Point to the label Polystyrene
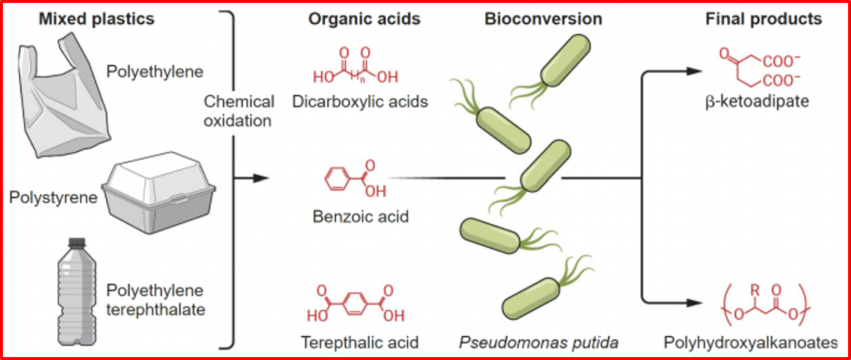click(x=53, y=198)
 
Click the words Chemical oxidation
click(x=239, y=111)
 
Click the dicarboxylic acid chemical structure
click(x=356, y=68)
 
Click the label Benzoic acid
click(x=359, y=217)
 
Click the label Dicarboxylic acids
click(x=359, y=102)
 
